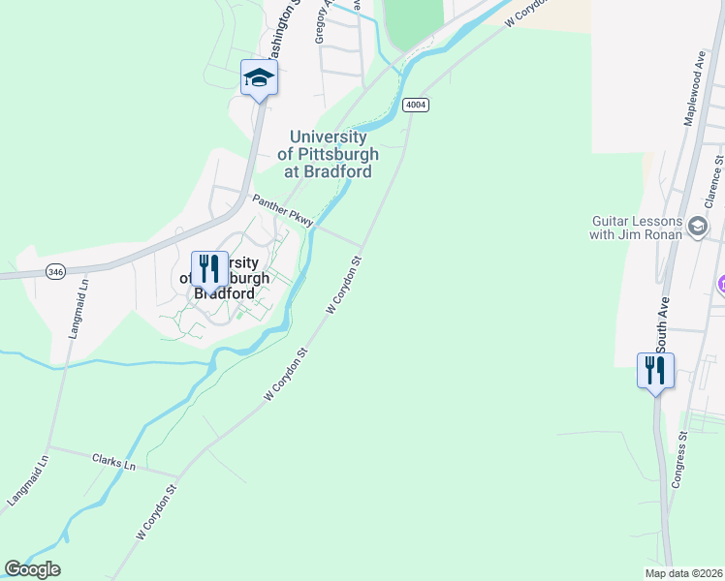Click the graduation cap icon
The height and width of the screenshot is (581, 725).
click(259, 77)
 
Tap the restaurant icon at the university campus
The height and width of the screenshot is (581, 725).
click(209, 268)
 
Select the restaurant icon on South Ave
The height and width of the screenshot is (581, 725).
click(655, 370)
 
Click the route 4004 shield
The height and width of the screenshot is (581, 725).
click(416, 105)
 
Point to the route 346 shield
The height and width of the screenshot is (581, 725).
click(55, 274)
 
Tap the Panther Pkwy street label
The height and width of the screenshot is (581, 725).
click(283, 211)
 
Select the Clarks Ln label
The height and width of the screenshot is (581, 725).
click(114, 462)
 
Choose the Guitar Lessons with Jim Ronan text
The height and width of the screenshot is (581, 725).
click(637, 227)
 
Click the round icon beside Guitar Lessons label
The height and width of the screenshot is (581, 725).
click(697, 227)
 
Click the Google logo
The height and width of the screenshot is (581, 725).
click(33, 569)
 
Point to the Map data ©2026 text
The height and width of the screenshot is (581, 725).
click(683, 573)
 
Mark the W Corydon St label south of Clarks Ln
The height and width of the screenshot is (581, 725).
click(158, 512)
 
